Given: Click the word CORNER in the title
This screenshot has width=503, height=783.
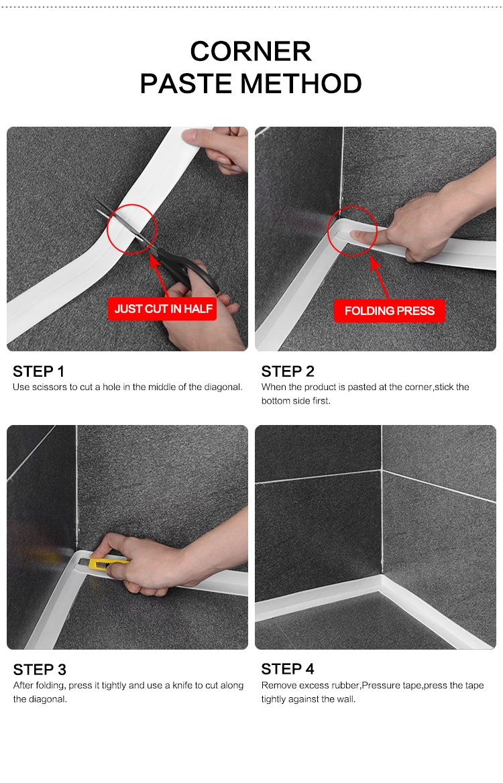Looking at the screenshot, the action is pos(251,51).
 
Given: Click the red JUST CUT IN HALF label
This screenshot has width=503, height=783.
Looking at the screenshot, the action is pos(163,308).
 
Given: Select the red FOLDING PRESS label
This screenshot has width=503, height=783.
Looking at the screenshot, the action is pos(389,310).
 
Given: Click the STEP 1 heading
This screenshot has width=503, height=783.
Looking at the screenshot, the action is pos(38,371).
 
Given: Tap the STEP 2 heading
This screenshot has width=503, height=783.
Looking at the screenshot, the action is pos(288,371).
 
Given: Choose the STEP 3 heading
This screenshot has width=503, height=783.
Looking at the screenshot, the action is pos(40,669).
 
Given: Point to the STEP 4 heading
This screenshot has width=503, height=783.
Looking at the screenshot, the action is pos(288,668).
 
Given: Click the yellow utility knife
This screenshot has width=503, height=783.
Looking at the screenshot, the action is pos(107,563).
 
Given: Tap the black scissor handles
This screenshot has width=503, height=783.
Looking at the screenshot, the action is pos(192,272).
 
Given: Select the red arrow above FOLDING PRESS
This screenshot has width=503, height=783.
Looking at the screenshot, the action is pos(380,278).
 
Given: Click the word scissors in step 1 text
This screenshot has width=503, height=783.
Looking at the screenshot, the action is pos(50,387).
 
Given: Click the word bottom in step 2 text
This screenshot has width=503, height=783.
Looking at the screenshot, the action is pos(275,400).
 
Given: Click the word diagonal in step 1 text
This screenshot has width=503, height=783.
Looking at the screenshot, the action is pos(223,387).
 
